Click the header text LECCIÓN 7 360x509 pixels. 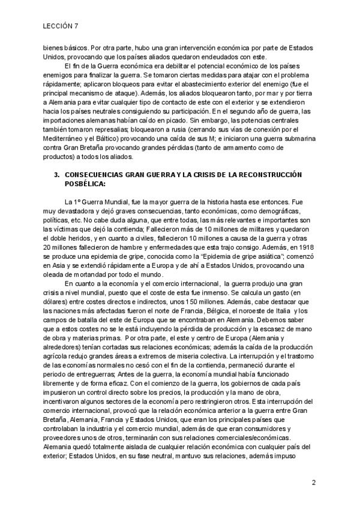tap(61, 26)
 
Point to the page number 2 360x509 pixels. tap(314, 483)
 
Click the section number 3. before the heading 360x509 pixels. tap(57, 174)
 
